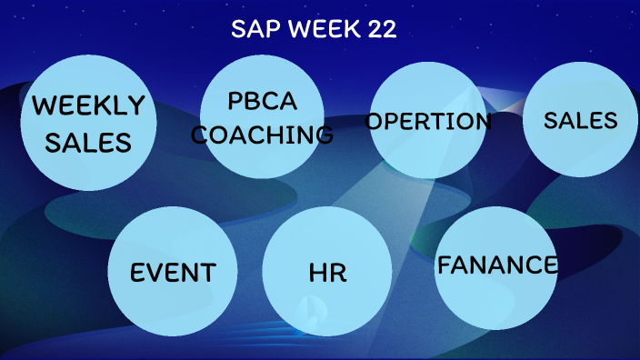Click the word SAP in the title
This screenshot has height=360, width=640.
click(x=252, y=29)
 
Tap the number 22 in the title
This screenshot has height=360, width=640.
click(x=380, y=29)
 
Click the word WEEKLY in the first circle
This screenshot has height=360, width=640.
click(x=88, y=106)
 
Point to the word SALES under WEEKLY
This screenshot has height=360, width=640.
click(x=88, y=142)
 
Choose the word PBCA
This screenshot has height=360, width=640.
click(x=263, y=100)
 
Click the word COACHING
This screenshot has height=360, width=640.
click(x=263, y=135)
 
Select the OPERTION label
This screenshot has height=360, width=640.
click(x=428, y=122)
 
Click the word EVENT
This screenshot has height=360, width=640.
click(x=173, y=272)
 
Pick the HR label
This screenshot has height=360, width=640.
click(x=327, y=272)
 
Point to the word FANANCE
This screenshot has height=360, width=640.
click(x=497, y=265)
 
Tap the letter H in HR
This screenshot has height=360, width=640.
click(x=317, y=272)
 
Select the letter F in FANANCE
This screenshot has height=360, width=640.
click(x=445, y=265)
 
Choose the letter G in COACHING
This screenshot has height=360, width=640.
click(x=323, y=135)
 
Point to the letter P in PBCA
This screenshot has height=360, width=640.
click(x=235, y=100)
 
